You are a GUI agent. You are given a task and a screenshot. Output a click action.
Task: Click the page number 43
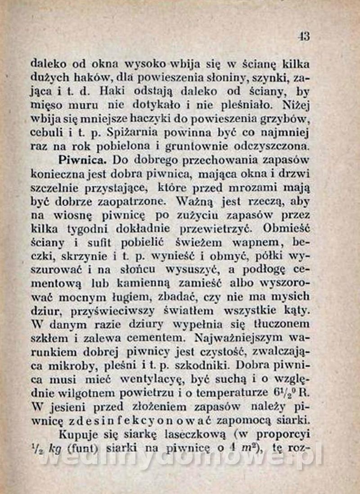click(304, 36)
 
